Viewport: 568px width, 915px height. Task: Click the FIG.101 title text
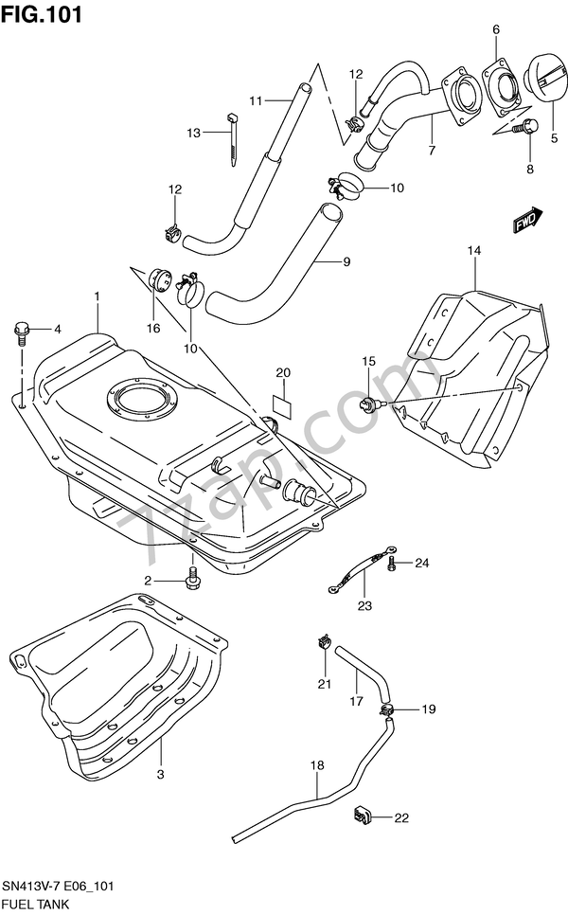tap(42, 14)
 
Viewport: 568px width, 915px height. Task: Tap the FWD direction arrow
tap(528, 220)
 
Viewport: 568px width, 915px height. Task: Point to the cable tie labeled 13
tap(232, 139)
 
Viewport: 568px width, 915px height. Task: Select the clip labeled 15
tap(369, 403)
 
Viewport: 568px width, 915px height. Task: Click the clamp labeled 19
tap(386, 709)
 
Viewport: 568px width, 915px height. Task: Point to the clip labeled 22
tap(362, 816)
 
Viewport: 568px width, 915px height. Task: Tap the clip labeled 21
tap(324, 642)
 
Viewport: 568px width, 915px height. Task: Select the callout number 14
tap(474, 250)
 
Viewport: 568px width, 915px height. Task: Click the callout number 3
tap(160, 775)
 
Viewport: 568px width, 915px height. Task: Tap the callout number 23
tap(364, 605)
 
